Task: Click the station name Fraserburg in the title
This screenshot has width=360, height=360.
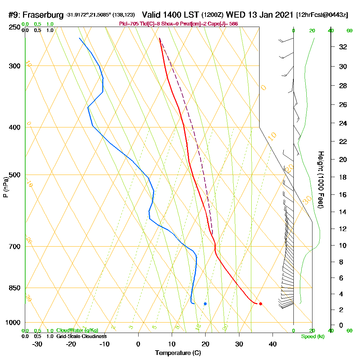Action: [44, 15]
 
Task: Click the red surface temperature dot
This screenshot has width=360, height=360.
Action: [260, 303]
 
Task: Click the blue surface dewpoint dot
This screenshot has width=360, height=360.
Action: [205, 304]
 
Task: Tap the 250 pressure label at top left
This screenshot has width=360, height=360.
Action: [15, 27]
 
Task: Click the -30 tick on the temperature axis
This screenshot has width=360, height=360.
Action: [37, 344]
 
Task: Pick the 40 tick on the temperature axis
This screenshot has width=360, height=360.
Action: [273, 344]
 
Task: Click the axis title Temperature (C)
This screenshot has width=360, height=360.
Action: [178, 353]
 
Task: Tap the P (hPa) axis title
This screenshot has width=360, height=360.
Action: [5, 187]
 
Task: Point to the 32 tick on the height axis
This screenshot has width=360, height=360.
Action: [343, 47]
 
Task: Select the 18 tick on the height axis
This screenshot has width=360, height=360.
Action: [343, 177]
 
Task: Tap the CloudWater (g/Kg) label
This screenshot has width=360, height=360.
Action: [77, 330]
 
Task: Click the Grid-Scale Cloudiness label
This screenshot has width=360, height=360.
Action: [81, 336]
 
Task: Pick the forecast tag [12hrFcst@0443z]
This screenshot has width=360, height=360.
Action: [322, 15]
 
